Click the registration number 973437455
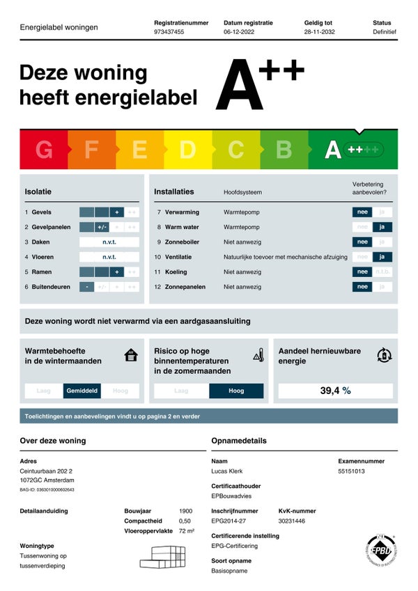pos(169,32)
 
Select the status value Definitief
pos(384,32)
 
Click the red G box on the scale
pos(43,150)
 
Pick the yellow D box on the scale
pos(187,150)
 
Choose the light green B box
pos(284,150)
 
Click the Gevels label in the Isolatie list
pos(41,212)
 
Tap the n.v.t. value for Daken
pos(109,242)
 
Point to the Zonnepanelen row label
pos(185,287)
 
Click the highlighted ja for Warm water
pos(382,227)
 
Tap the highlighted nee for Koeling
pos(362,272)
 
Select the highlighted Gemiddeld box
pos(82,391)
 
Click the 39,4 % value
pos(335,391)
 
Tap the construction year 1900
pos(185,511)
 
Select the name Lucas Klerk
pos(227,471)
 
